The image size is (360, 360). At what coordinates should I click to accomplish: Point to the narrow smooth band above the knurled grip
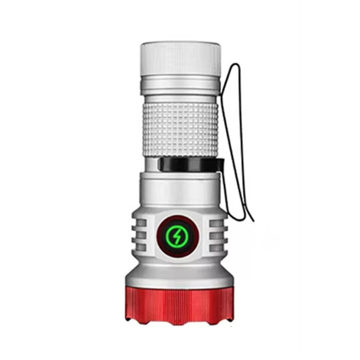[x=180, y=98]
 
